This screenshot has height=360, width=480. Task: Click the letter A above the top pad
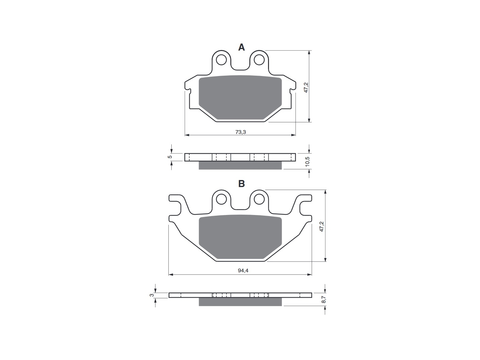241,47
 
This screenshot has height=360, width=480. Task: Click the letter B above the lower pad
241,184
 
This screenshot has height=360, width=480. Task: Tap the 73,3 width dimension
241,132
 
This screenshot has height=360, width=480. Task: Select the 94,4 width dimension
243,271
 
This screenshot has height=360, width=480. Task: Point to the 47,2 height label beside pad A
306,87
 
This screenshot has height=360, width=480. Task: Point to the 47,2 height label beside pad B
321,226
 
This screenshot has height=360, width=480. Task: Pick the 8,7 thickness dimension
324,299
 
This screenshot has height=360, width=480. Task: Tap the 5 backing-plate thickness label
170,157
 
